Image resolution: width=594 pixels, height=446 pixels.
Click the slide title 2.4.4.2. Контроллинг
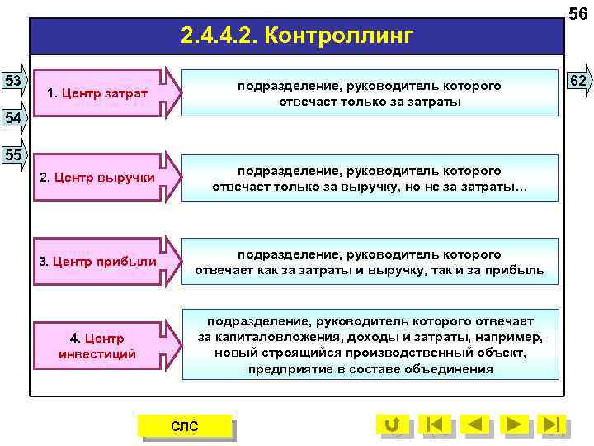click(x=296, y=36)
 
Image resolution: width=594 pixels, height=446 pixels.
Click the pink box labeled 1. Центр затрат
click(x=98, y=93)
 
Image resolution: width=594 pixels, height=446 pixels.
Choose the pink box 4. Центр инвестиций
click(x=98, y=346)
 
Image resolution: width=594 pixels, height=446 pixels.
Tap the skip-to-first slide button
click(x=436, y=425)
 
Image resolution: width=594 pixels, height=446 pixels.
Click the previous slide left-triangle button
click(x=474, y=425)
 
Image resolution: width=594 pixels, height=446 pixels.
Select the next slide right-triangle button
click(x=514, y=425)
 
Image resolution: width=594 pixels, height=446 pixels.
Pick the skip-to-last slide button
click(x=553, y=425)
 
